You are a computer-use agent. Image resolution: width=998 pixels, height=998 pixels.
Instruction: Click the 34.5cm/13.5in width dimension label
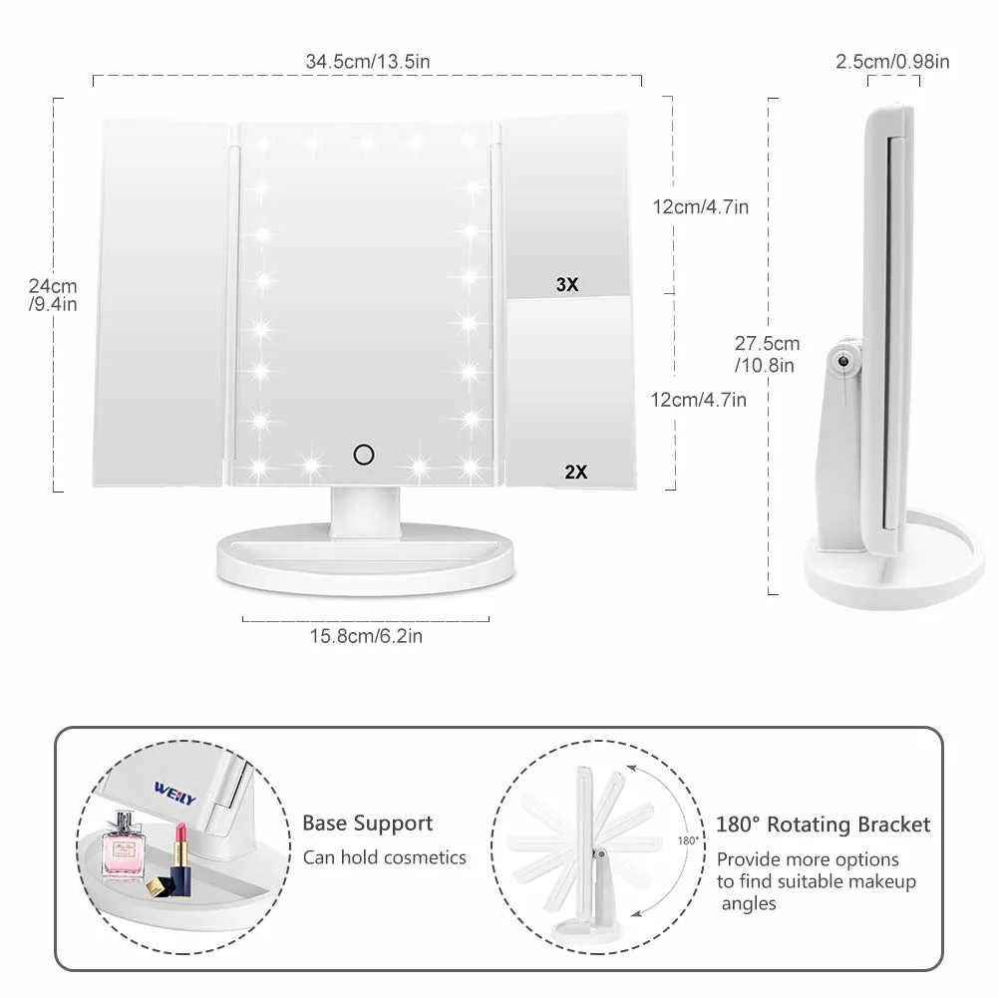coord(368,62)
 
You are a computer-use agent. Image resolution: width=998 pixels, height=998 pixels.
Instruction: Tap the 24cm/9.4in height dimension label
coord(53,294)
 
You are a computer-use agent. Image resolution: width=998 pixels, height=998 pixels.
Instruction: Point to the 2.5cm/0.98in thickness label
coord(892,62)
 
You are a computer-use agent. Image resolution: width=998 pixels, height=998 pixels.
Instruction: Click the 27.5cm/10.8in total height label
coord(767,353)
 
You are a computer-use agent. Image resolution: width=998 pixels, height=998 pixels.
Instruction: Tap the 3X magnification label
coord(566,285)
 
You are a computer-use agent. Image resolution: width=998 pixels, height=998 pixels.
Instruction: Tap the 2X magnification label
coord(575,473)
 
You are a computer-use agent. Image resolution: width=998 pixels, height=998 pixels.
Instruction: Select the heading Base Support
coord(368,824)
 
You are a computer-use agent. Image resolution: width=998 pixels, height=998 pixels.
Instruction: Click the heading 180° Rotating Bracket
coord(823,825)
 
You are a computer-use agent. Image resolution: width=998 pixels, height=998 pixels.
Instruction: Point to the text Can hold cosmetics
coord(384,857)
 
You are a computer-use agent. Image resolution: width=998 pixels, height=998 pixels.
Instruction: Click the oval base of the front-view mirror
coord(366,558)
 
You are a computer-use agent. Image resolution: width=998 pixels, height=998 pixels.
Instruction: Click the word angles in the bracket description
coord(750,904)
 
